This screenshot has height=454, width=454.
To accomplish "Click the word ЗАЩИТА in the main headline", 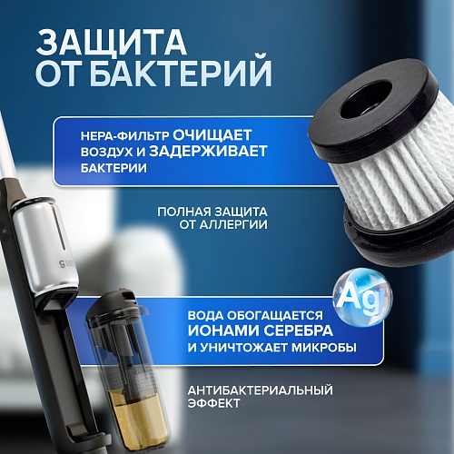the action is [x=111, y=43].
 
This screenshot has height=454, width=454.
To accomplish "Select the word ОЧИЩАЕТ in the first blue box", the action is [x=212, y=135].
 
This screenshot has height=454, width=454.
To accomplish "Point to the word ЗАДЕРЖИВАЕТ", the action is [x=208, y=152].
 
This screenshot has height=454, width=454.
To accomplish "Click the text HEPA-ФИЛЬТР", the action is [x=124, y=136].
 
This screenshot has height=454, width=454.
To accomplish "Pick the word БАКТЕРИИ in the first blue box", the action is [x=113, y=168].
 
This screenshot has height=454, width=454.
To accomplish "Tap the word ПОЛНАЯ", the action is [x=183, y=212].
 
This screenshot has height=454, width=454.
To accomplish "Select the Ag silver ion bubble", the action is [x=362, y=297].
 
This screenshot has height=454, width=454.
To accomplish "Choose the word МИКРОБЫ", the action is [x=324, y=348].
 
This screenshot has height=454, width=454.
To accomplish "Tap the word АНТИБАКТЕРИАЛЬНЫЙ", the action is [x=260, y=390].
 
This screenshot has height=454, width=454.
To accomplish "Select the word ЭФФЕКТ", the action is [x=213, y=403].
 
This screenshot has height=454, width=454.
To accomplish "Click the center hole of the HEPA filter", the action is [x=367, y=99].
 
